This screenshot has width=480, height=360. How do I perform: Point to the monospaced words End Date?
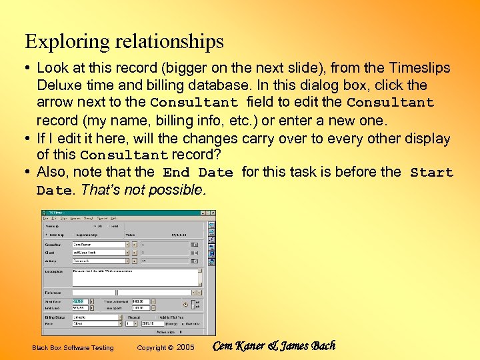pos(198,173)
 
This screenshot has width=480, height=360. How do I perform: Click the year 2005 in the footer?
pos(185,348)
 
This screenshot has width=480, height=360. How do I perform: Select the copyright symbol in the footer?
pos(171,348)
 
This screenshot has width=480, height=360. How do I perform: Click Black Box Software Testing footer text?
pos(73,348)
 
